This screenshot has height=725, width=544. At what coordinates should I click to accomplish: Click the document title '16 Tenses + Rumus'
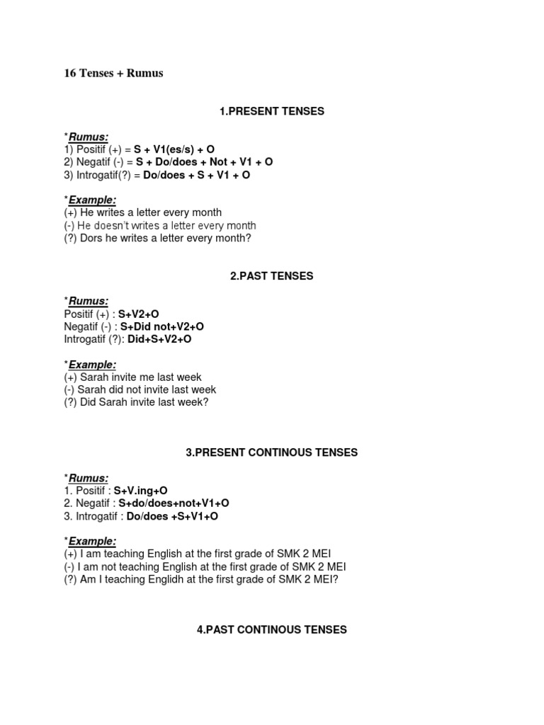[x=113, y=74]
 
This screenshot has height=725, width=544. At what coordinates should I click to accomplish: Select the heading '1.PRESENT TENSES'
[x=272, y=111]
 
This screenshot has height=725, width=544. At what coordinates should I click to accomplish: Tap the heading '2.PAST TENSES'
[x=272, y=276]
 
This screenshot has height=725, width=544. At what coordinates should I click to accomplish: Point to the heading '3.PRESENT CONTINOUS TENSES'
[x=272, y=452]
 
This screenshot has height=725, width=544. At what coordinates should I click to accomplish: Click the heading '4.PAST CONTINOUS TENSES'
[x=272, y=629]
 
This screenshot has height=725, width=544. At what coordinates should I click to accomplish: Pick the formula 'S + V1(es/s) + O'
[x=174, y=150]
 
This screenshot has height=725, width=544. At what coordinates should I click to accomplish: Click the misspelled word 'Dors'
[x=92, y=239]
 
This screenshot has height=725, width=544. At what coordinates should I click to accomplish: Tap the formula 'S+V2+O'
[x=140, y=314]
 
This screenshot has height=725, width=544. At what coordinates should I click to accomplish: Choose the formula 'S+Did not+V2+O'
[x=162, y=326]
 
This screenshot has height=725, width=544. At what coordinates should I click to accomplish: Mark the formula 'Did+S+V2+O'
[x=159, y=339]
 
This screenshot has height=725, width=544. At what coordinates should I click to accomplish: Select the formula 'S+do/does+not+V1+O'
[x=174, y=503]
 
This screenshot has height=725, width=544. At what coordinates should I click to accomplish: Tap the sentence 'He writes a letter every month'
[x=152, y=212]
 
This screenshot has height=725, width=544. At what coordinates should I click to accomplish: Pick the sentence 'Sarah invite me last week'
[x=140, y=377]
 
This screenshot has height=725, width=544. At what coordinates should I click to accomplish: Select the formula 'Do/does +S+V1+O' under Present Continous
[x=172, y=516]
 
